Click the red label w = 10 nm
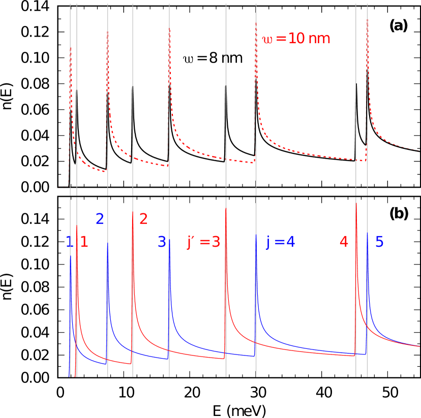(x=296, y=39)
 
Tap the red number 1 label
(x=84, y=242)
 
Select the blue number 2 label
(x=100, y=219)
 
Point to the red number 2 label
(x=143, y=219)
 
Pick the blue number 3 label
(x=162, y=242)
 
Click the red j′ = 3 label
(x=203, y=242)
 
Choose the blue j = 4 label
(x=281, y=242)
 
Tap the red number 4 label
(x=344, y=242)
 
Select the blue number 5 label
(x=379, y=242)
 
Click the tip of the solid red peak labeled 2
(x=133, y=211)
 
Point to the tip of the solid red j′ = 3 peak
(x=226, y=208)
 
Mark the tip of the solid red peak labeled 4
(x=356, y=203)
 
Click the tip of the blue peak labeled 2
(x=107, y=243)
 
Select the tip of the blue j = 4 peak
(x=256, y=235)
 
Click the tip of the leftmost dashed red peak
(x=71, y=50)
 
